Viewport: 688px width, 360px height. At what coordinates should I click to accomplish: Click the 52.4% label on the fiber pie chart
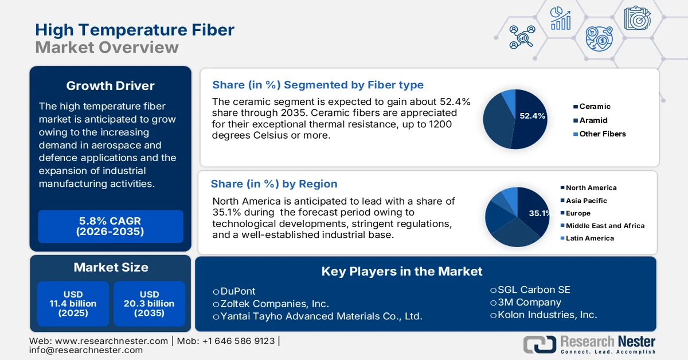point(532,116)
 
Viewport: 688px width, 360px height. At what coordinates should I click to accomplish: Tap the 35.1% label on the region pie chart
point(539,213)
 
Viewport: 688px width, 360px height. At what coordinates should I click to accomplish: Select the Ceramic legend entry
point(595,107)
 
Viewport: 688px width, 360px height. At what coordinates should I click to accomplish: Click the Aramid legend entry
point(593,120)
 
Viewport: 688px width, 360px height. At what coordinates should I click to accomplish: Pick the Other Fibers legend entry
point(602,134)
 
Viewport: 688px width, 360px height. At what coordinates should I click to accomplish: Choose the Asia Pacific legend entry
point(586,201)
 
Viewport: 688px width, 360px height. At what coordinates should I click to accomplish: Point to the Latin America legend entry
point(589,238)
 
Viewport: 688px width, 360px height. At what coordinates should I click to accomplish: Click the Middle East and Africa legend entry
point(605,226)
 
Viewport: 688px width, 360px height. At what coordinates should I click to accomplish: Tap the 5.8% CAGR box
point(110,226)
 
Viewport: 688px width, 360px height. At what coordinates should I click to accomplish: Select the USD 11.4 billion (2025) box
point(73,304)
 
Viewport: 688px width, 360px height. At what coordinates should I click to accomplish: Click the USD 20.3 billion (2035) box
point(149,304)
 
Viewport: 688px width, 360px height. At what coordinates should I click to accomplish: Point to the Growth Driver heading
point(110,86)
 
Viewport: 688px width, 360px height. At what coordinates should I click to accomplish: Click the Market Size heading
point(110,267)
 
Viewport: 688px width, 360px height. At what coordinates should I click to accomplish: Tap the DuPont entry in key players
point(234,291)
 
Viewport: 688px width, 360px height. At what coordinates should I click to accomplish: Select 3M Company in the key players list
point(526,302)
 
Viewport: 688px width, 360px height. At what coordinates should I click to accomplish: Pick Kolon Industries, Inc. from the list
point(544,315)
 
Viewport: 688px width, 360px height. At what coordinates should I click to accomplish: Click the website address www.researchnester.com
point(112,341)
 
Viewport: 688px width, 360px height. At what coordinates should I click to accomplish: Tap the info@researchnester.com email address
point(86,350)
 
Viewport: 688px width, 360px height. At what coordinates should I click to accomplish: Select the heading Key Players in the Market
point(401,271)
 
